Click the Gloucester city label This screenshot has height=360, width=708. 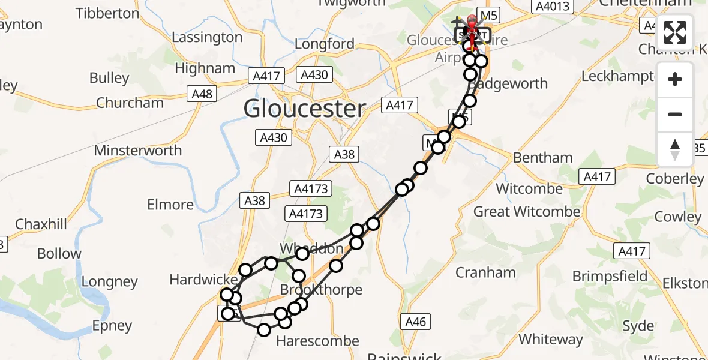click(304, 109)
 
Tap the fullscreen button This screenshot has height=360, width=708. click(675, 32)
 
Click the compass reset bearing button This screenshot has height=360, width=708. click(675, 149)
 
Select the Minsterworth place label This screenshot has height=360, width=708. click(137, 150)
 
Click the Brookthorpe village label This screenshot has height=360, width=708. click(322, 290)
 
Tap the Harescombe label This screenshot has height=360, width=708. click(317, 341)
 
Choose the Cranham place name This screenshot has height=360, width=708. click(485, 272)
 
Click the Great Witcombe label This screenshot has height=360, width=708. click(527, 212)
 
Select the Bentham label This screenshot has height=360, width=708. click(543, 158)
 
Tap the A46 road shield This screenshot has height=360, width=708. click(415, 322)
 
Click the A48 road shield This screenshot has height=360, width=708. click(202, 94)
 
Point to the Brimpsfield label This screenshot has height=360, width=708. click(610, 276)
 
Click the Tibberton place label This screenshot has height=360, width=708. click(108, 13)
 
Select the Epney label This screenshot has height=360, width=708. click(112, 326)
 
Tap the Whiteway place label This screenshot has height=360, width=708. click(550, 339)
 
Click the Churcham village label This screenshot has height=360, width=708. click(130, 103)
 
